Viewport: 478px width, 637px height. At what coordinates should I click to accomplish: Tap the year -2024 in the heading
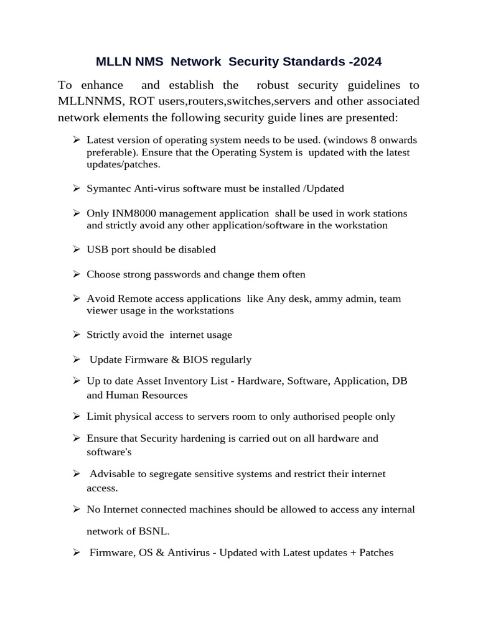pos(364,62)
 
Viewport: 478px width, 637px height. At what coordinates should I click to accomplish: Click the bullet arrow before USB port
pos(76,249)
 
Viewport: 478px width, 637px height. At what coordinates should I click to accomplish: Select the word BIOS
pos(194,360)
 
